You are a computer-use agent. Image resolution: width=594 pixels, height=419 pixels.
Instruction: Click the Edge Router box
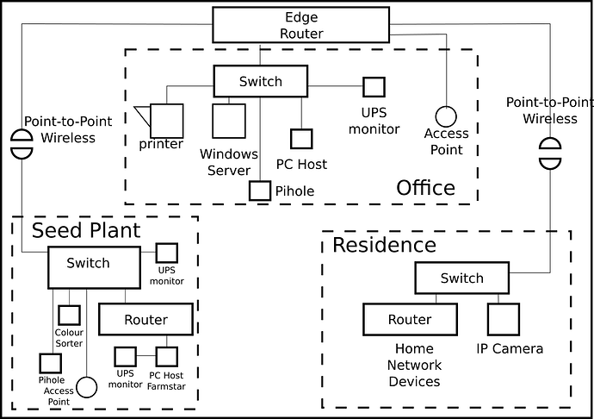point(303,25)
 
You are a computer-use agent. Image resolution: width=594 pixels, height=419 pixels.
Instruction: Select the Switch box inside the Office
point(260,82)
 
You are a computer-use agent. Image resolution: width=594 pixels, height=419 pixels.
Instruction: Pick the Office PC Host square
point(300,139)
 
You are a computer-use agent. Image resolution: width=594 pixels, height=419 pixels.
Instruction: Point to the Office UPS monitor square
point(373,87)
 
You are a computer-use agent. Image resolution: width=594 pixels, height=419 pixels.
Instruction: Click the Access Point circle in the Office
point(445,116)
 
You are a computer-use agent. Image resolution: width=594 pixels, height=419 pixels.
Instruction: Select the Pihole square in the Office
point(260,191)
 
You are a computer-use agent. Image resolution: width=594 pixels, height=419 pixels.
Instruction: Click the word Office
point(425,188)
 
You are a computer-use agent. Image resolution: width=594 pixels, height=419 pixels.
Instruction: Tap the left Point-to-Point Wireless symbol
point(21,143)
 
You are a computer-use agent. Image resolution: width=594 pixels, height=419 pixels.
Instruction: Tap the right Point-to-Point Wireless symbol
point(548,152)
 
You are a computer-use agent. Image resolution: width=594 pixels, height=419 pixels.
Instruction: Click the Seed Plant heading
point(86,230)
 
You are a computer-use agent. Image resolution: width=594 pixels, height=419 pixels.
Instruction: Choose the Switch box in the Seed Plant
point(93,266)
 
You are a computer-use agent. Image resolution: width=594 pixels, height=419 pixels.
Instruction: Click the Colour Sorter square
point(69,316)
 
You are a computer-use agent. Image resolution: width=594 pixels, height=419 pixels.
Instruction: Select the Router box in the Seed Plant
point(145,319)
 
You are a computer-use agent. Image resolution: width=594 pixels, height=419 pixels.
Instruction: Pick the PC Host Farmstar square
point(166,356)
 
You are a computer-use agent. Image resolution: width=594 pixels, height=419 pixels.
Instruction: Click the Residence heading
point(384,245)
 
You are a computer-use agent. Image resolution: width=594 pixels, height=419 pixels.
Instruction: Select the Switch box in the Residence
point(461,278)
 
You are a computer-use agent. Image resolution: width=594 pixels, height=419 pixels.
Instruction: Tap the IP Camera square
point(504,319)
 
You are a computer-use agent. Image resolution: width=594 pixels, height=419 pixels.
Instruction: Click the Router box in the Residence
point(409,319)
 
